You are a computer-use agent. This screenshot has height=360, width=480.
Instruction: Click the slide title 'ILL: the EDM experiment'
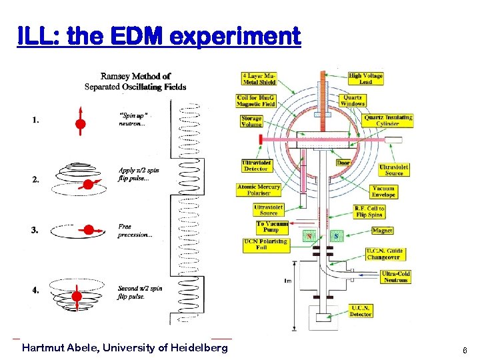point(159,36)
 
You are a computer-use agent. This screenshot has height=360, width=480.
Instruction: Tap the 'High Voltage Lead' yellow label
point(365,79)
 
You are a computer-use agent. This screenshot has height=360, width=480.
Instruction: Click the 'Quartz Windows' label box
point(352,99)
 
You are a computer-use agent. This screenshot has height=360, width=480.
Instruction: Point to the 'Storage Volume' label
point(251,121)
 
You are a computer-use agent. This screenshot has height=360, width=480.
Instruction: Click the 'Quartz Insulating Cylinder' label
point(388,121)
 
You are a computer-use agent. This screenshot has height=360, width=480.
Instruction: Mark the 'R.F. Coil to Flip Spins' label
point(369,211)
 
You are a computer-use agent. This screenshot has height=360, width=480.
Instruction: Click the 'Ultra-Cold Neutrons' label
point(395,277)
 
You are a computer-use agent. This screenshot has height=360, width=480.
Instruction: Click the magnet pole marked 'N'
point(308,236)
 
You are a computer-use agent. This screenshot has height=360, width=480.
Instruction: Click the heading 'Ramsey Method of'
point(135,76)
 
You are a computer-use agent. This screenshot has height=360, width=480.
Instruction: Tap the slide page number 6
point(465,350)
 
